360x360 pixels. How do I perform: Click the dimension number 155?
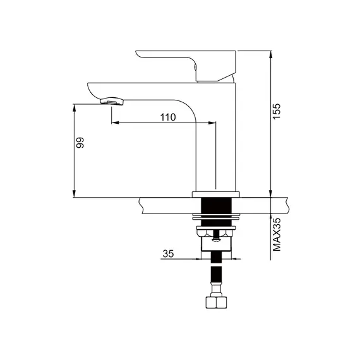(277, 111)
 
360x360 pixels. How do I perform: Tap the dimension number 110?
(168, 117)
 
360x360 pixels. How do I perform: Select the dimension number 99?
(80, 143)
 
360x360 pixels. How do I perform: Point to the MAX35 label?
(277, 234)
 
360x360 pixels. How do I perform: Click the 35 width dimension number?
(168, 254)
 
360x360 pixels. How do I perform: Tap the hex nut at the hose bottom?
(216, 303)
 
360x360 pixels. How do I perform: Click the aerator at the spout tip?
(112, 101)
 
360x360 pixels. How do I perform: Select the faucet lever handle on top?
(186, 66)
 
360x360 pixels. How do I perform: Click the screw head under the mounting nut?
(216, 240)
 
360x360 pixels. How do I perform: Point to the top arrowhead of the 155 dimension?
(271, 54)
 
